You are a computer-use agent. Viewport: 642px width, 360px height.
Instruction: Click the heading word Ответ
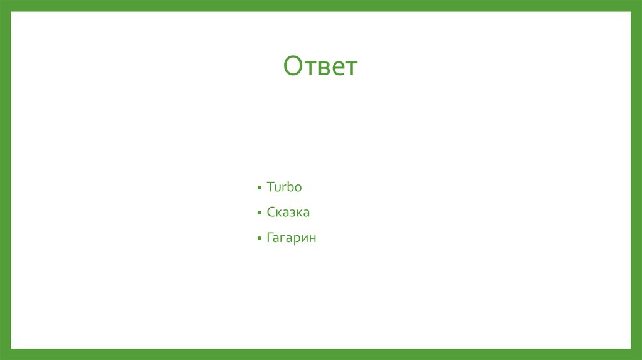pyautogui.click(x=320, y=66)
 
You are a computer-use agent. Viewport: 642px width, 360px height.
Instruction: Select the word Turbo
pyautogui.click(x=284, y=187)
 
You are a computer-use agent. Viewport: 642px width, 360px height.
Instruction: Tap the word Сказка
pyautogui.click(x=288, y=213)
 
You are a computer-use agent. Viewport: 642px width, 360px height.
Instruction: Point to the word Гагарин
pyautogui.click(x=292, y=238)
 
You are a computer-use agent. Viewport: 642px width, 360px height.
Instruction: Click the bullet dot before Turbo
pyautogui.click(x=259, y=188)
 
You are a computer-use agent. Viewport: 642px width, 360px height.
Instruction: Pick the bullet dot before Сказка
pyautogui.click(x=259, y=214)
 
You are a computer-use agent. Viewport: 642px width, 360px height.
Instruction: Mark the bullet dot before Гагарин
pyautogui.click(x=259, y=240)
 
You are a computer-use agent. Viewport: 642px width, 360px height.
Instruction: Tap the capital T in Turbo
pyautogui.click(x=270, y=187)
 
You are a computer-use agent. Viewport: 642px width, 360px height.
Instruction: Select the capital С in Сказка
pyautogui.click(x=271, y=213)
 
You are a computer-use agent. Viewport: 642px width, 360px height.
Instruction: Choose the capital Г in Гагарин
pyautogui.click(x=270, y=238)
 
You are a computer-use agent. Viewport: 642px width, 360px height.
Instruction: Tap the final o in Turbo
pyautogui.click(x=298, y=188)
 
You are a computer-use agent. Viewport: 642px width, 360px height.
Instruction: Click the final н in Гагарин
pyautogui.click(x=312, y=240)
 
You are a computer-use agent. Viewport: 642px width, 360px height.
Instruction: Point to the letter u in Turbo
pyautogui.click(x=278, y=188)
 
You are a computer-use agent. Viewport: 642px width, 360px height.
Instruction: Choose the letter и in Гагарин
pyautogui.click(x=305, y=240)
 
